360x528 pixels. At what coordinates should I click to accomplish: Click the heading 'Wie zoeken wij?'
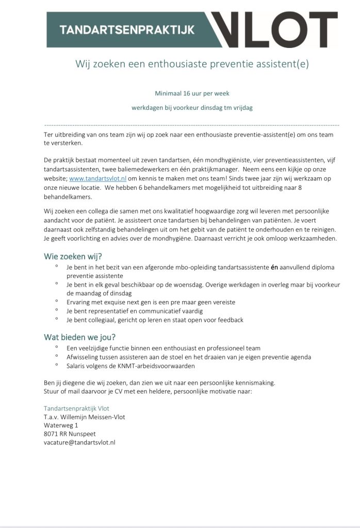click(x=73, y=256)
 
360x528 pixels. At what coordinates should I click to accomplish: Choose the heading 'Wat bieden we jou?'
click(x=80, y=337)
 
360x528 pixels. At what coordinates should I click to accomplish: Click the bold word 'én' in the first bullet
click(x=274, y=268)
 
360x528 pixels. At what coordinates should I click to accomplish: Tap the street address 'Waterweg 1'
click(x=61, y=425)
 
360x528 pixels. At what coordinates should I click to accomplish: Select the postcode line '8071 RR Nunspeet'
click(x=70, y=434)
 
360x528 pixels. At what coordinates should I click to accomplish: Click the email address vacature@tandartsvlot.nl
click(x=79, y=442)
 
